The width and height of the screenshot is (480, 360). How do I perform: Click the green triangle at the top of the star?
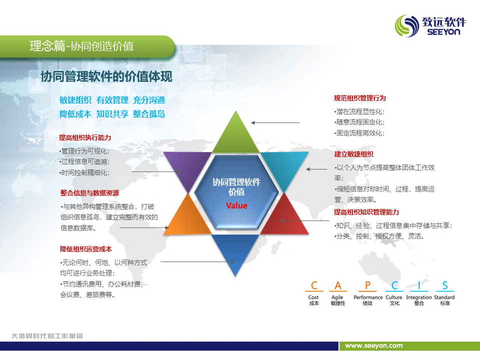(235, 136)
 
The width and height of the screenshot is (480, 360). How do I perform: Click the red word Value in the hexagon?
(236, 205)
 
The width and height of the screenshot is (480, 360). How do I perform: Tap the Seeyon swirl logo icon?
(407, 26)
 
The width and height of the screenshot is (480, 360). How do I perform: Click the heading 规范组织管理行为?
(359, 98)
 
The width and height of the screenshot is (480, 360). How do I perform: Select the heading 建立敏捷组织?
(353, 154)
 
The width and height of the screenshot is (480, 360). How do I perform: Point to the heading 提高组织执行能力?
(85, 138)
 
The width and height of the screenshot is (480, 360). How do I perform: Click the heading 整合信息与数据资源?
(89, 193)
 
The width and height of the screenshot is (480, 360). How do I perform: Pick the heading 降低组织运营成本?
(85, 249)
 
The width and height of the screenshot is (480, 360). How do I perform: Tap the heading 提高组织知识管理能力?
(366, 212)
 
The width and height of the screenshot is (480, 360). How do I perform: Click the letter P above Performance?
(367, 285)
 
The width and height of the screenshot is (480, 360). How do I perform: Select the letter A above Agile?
(337, 285)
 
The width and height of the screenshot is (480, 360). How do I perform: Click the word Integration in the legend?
(419, 297)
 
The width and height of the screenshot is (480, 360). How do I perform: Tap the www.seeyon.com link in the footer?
(374, 345)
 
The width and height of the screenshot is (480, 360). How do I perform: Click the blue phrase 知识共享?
(112, 114)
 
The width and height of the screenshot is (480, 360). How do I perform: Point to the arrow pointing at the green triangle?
(275, 123)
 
